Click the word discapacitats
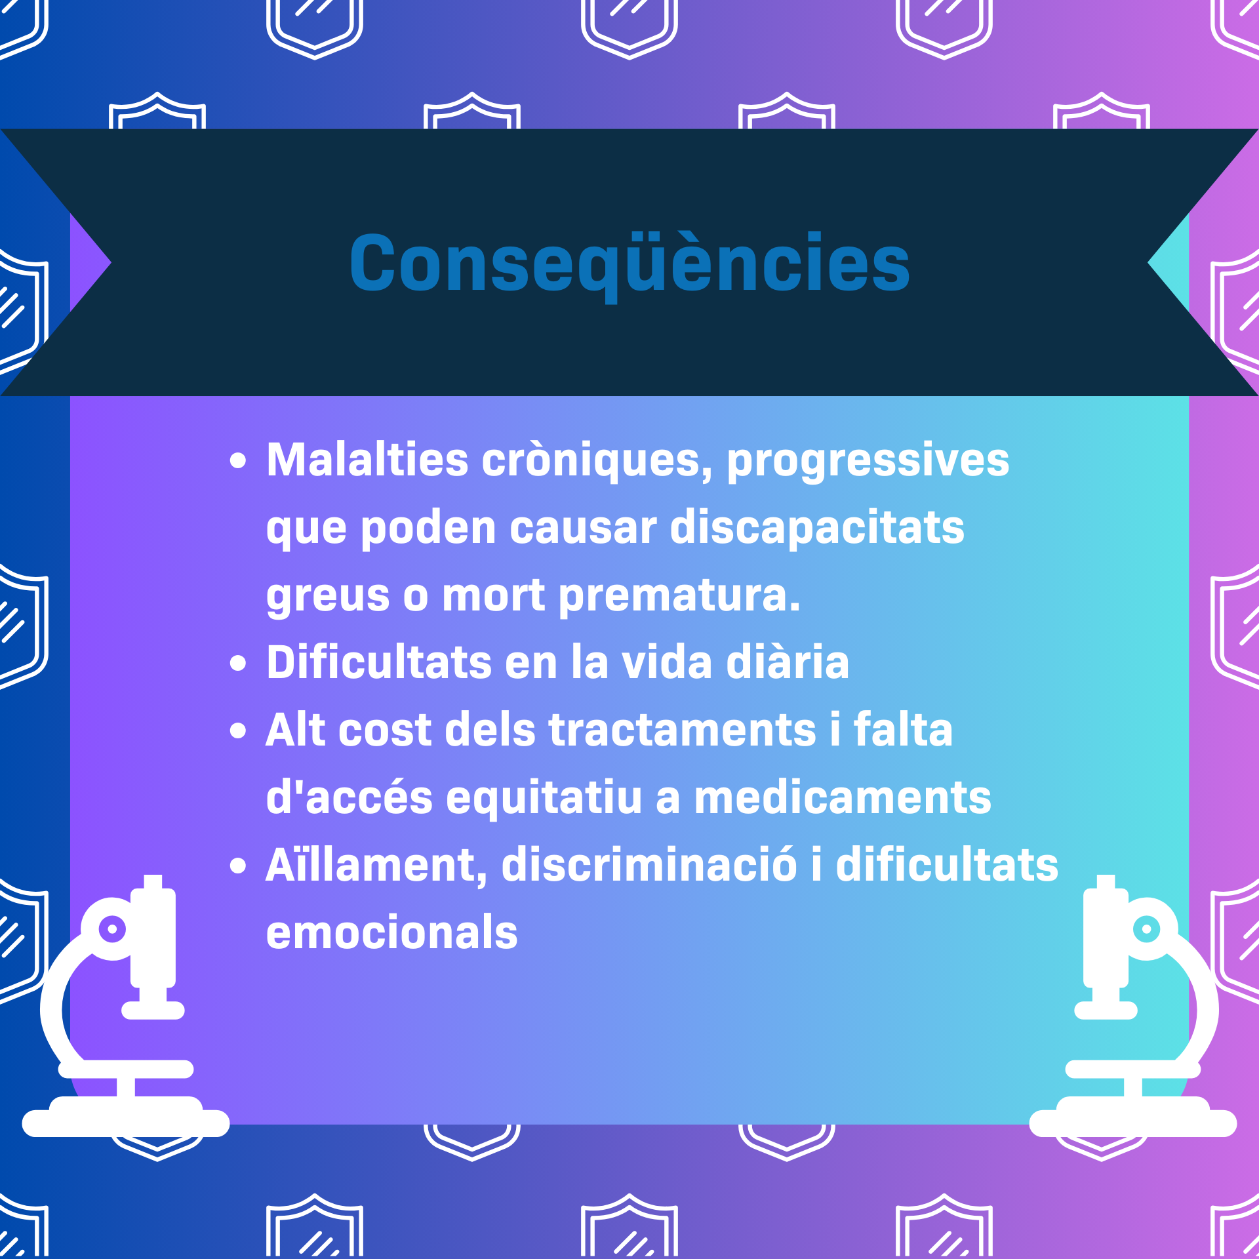coord(817,529)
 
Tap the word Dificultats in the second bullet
coord(379,662)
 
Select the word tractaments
coord(682,730)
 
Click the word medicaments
coord(843,798)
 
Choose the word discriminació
coord(649,864)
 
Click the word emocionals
coord(392,932)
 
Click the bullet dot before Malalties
coord(238,462)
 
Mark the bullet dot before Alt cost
coord(238,730)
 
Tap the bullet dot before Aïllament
coord(238,866)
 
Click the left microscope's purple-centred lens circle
coord(112,929)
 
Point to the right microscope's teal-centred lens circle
coord(1147,929)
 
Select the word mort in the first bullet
coord(493,596)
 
